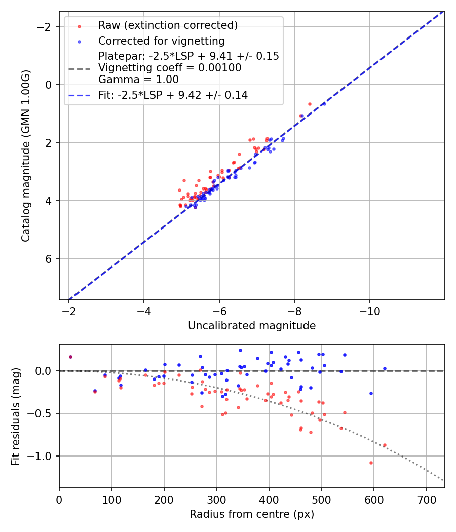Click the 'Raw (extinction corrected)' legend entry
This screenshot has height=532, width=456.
pos(168,25)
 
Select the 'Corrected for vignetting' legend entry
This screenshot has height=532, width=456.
pos(161,41)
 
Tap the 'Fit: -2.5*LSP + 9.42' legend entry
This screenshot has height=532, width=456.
pos(173,95)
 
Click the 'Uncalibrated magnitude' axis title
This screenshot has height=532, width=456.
pos(252,326)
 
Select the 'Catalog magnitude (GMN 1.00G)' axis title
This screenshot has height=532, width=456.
pos(26,156)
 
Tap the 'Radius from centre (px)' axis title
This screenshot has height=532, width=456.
pos(252,514)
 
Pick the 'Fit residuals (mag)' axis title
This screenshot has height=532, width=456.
pos(16,416)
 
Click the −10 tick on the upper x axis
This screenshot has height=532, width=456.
pos(369,309)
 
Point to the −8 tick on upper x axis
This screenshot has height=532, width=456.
pos(294,309)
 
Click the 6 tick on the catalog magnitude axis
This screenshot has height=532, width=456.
pos(50,259)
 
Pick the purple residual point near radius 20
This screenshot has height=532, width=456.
pos(70,357)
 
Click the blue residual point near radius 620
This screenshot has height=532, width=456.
pos(385,368)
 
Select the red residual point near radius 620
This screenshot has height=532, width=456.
pos(385,445)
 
